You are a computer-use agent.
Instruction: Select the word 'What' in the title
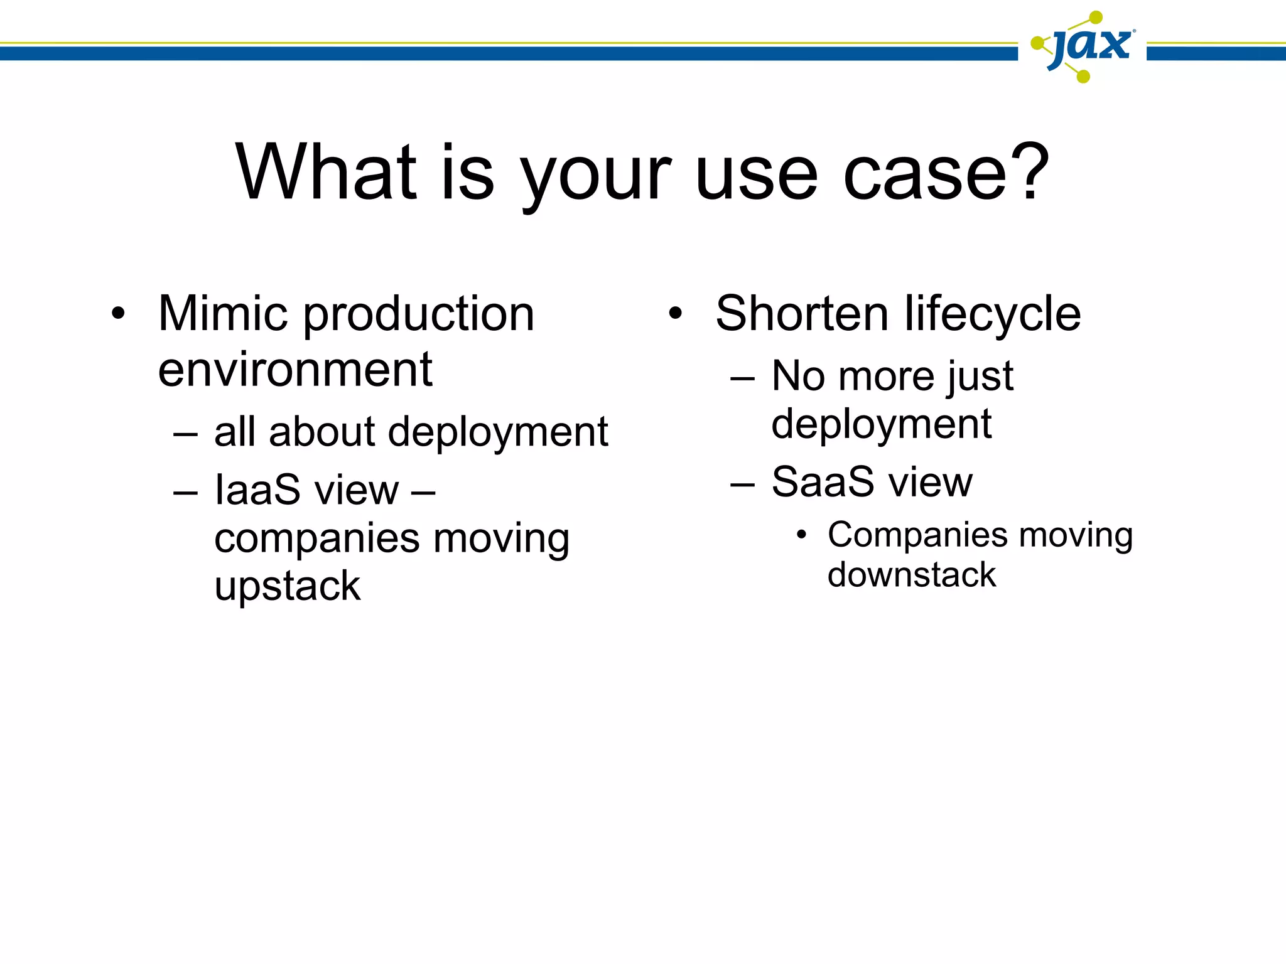coord(327,172)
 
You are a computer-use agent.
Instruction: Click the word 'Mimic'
coord(225,313)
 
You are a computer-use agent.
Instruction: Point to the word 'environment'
coord(295,370)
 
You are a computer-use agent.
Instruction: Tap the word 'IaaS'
coord(257,490)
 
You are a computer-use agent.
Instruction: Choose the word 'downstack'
coord(911,575)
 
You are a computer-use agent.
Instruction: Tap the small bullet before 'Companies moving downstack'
coord(801,535)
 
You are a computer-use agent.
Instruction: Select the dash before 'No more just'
coord(742,379)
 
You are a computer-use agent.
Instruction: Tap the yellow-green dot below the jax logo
coord(1083,77)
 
